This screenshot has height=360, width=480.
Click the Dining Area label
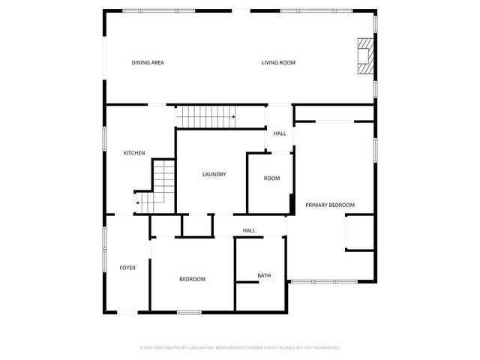tap(148, 62)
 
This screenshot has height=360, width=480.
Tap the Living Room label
tap(278, 62)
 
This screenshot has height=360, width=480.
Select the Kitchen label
tap(134, 153)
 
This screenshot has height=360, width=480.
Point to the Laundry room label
tap(214, 174)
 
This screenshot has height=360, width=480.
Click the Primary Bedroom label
tap(330, 204)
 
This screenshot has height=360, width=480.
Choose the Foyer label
tap(127, 267)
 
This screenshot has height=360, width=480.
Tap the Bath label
tap(264, 276)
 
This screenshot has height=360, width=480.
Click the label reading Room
tap(271, 178)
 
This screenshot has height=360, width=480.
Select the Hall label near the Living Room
tap(280, 133)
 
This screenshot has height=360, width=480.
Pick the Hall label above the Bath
tap(249, 230)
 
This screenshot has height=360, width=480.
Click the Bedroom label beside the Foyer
tap(192, 279)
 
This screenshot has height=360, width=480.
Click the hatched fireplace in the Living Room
tap(364, 56)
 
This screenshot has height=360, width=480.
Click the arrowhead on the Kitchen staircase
tap(137, 202)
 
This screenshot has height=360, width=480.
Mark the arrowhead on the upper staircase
tap(233, 117)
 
